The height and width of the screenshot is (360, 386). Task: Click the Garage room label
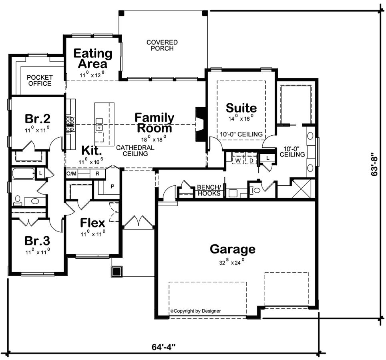click(232, 249)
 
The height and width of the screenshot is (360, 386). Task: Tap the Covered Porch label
click(162, 45)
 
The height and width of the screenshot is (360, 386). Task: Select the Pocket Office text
click(40, 80)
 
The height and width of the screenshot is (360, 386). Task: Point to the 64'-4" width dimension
click(163, 347)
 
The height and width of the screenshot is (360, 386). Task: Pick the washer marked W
click(238, 161)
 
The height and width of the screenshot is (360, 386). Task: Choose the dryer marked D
click(251, 161)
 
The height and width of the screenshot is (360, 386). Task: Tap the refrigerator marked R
click(97, 174)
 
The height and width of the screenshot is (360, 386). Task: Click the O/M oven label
click(71, 174)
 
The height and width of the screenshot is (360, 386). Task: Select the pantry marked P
click(112, 186)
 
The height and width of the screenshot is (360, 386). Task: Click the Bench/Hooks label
click(209, 190)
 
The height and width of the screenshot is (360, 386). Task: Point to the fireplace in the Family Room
click(200, 124)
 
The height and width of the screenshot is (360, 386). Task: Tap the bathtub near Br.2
click(23, 174)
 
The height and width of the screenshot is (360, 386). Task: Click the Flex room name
click(92, 223)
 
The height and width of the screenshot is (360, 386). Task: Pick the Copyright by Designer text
click(196, 311)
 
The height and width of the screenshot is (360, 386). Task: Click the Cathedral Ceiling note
click(135, 151)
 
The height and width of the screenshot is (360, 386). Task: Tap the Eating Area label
click(93, 58)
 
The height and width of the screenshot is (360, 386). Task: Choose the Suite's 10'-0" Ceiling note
click(241, 134)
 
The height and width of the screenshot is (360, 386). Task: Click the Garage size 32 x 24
click(232, 262)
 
